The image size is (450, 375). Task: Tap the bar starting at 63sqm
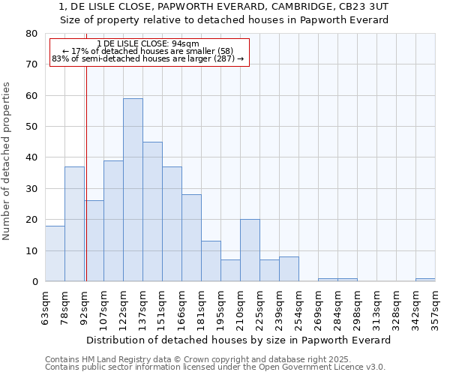(55, 253)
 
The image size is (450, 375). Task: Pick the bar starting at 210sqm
(250, 250)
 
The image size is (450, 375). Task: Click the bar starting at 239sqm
(289, 269)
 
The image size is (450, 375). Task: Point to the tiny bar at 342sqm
(425, 280)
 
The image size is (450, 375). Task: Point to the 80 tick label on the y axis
(31, 34)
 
